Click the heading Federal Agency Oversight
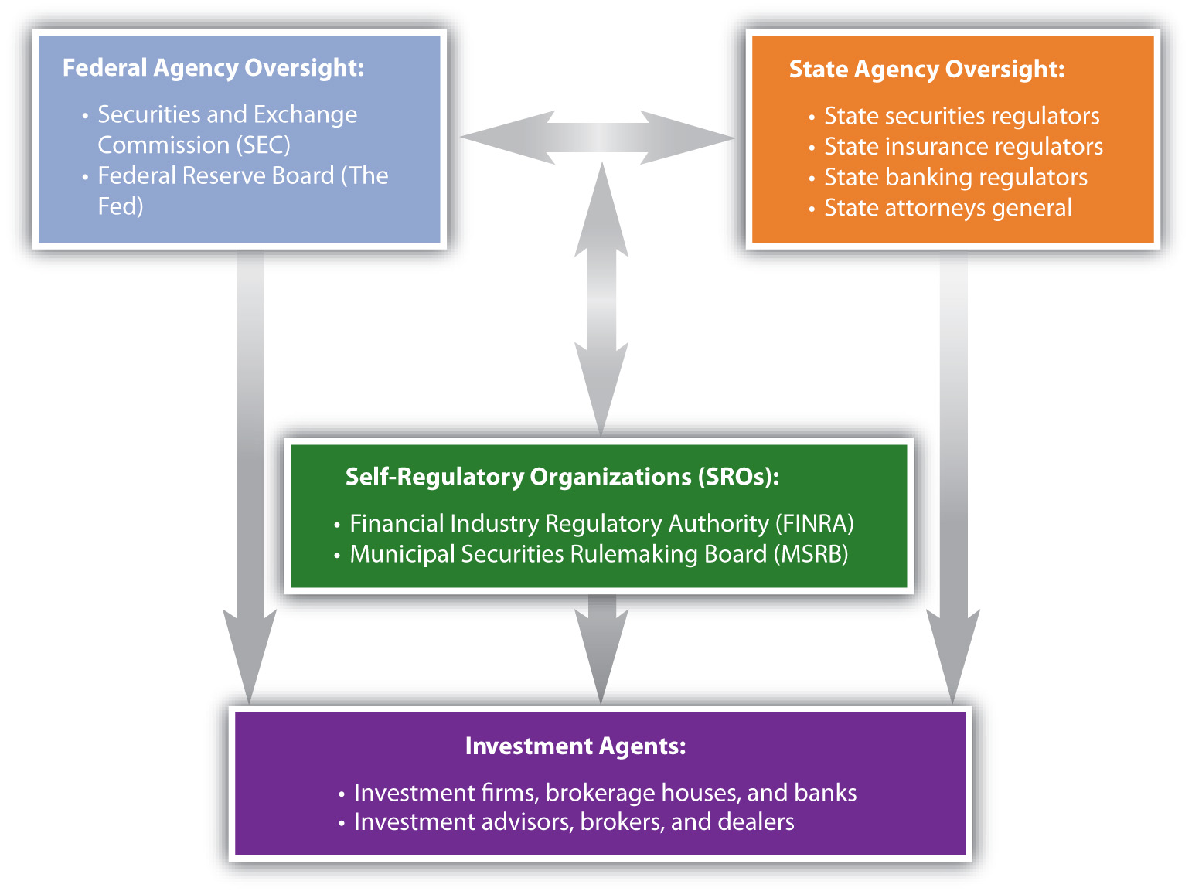pyautogui.click(x=213, y=68)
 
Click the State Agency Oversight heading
pyautogui.click(x=926, y=70)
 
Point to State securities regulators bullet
pyautogui.click(x=962, y=116)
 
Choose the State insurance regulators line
pyautogui.click(x=963, y=147)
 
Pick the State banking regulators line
pyautogui.click(x=955, y=177)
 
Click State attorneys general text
pyautogui.click(x=948, y=208)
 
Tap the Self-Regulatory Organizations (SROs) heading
pyautogui.click(x=562, y=477)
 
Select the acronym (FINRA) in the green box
pyautogui.click(x=815, y=524)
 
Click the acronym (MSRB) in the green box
pyautogui.click(x=811, y=554)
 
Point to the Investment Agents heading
pyautogui.click(x=575, y=746)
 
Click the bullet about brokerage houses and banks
pyautogui.click(x=605, y=793)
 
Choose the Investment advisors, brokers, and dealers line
pyautogui.click(x=574, y=822)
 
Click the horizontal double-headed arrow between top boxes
pyautogui.click(x=598, y=138)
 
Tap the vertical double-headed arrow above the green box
pyautogui.click(x=601, y=299)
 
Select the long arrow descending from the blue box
pyautogui.click(x=250, y=478)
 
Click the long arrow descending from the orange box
pyautogui.click(x=953, y=478)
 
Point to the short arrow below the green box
pyautogui.click(x=601, y=649)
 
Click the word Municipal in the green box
pyautogui.click(x=402, y=554)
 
